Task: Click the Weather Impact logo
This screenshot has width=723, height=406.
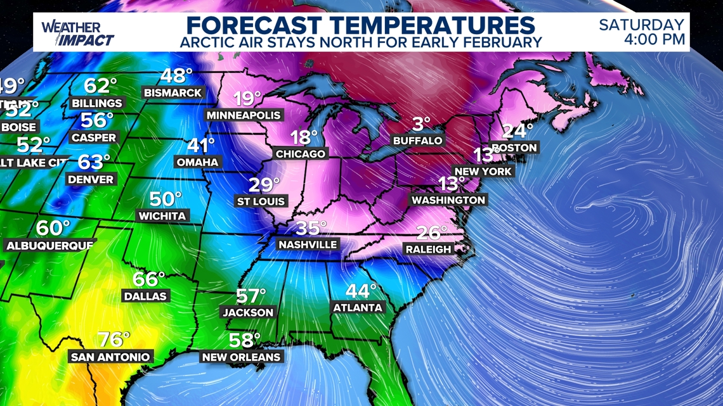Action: pyautogui.click(x=77, y=33)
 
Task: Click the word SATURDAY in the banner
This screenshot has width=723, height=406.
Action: pyautogui.click(x=642, y=25)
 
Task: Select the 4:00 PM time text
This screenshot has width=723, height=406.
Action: pyautogui.click(x=654, y=40)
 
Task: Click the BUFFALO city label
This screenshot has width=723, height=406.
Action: pyautogui.click(x=417, y=141)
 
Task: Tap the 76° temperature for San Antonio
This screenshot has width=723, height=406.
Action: pyautogui.click(x=114, y=339)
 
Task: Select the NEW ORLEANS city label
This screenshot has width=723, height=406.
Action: pyautogui.click(x=241, y=357)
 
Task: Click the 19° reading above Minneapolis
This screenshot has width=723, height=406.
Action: pyautogui.click(x=247, y=99)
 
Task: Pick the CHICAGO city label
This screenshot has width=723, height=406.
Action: pyautogui.click(x=301, y=154)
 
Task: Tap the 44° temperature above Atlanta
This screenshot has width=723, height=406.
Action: pyautogui.click(x=360, y=291)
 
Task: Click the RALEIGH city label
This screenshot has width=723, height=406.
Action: pyautogui.click(x=428, y=250)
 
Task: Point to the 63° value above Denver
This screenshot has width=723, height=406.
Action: pyautogui.click(x=94, y=162)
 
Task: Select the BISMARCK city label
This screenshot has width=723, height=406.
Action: pyautogui.click(x=173, y=93)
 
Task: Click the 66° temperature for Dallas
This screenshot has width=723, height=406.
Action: pyautogui.click(x=148, y=279)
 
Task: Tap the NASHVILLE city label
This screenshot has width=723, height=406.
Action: pyautogui.click(x=308, y=244)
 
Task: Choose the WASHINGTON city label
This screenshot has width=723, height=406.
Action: pyautogui.click(x=448, y=200)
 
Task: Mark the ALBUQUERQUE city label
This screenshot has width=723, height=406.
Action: pyautogui.click(x=49, y=245)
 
